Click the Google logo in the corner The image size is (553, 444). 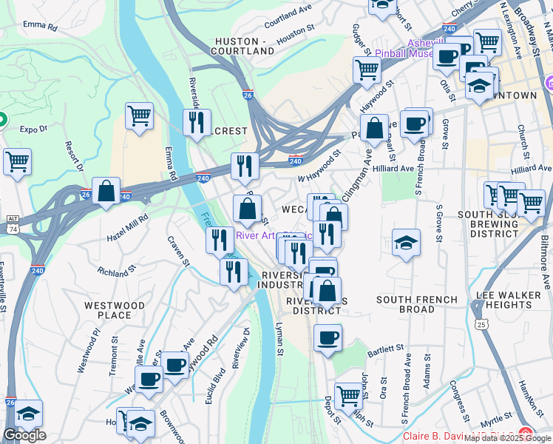[24, 435]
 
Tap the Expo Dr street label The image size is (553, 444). [33, 129]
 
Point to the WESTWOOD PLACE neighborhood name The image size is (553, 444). [108, 310]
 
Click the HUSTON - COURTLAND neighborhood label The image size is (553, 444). [244, 46]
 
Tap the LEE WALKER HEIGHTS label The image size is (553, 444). [510, 300]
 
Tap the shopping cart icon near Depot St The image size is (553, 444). [348, 395]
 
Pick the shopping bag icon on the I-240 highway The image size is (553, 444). [106, 190]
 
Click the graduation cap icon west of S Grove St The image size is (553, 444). [406, 242]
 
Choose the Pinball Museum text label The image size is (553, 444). [404, 53]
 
